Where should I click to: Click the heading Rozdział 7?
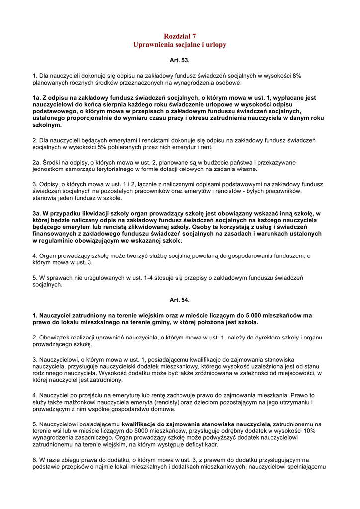tap(180, 36)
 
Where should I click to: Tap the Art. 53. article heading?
tap(180, 60)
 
